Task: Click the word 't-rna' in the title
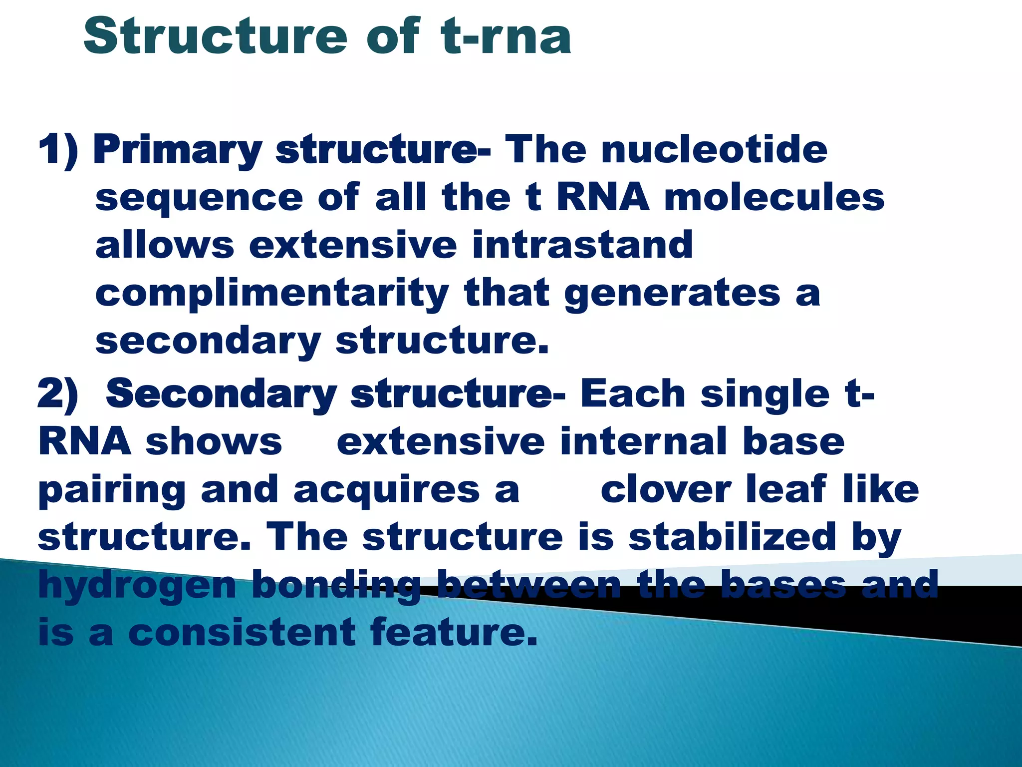pyautogui.click(x=506, y=36)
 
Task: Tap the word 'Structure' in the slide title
pyautogui.click(x=215, y=36)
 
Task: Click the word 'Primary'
pyautogui.click(x=178, y=150)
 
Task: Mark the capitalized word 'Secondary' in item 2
pyautogui.click(x=222, y=394)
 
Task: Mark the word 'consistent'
pyautogui.click(x=242, y=632)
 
